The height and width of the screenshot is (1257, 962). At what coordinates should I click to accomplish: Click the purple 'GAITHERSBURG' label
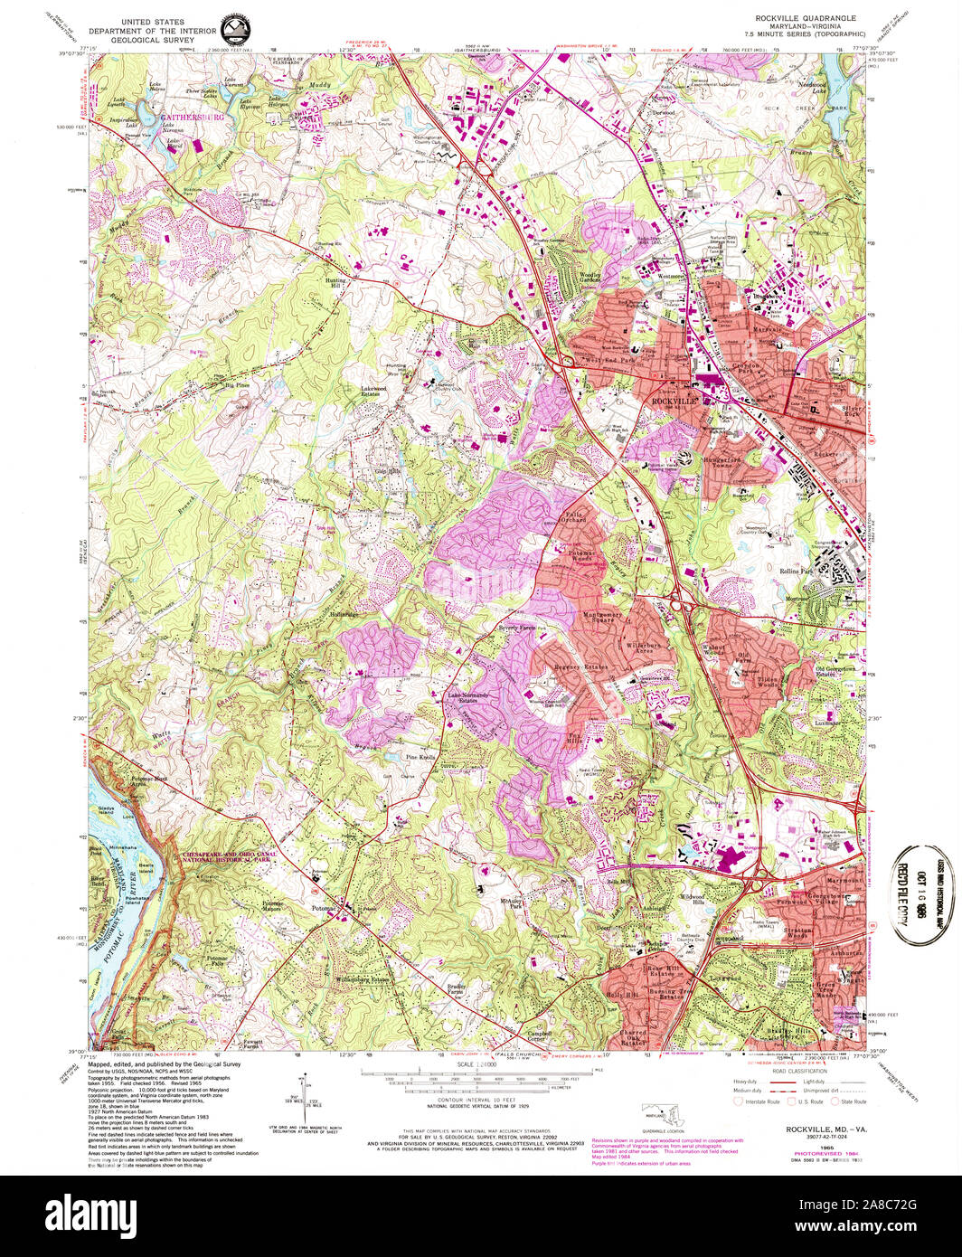192,118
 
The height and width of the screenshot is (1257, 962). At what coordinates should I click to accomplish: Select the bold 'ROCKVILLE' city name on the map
671,400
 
